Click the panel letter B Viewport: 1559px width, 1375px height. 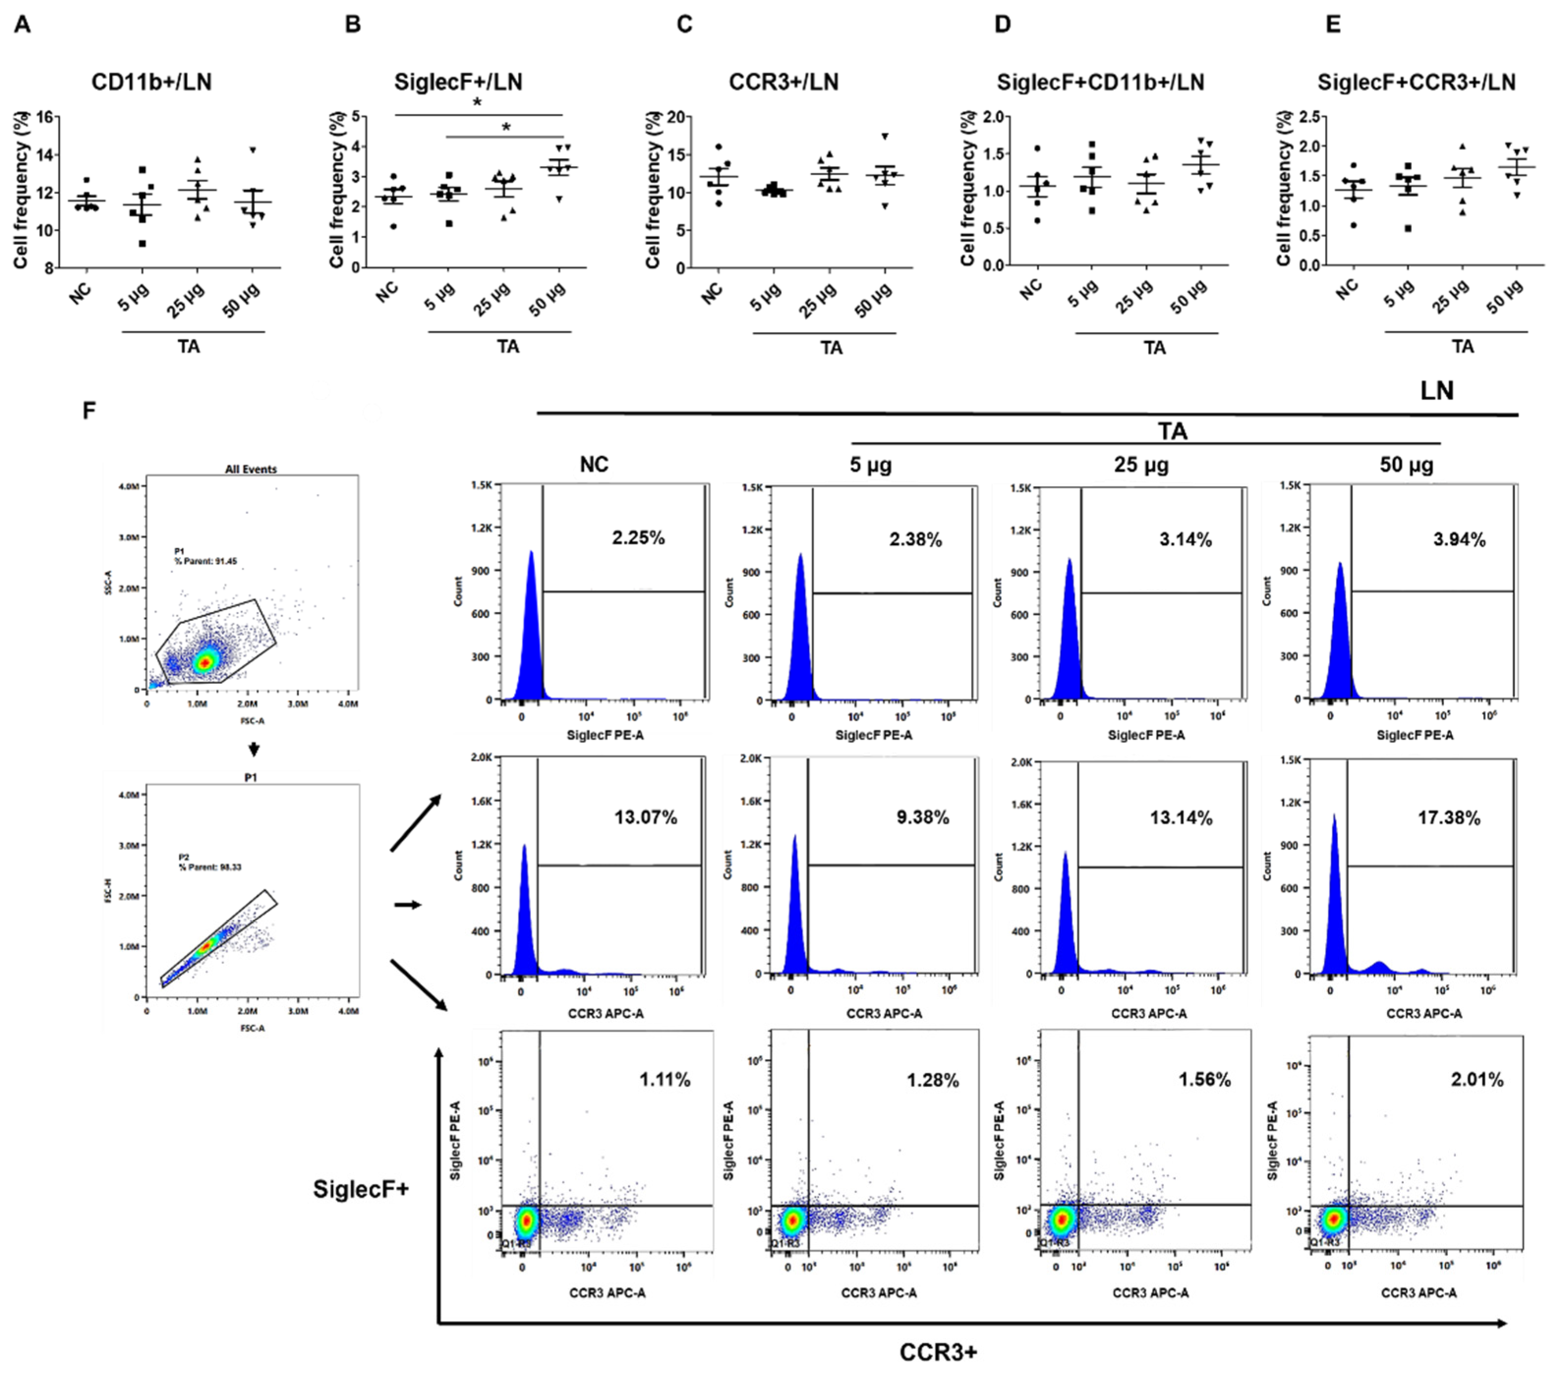[x=352, y=25]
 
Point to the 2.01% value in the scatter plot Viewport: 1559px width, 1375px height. [x=1476, y=1080]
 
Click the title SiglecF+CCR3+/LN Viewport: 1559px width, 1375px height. [x=1417, y=83]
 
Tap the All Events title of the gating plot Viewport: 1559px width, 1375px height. [x=251, y=469]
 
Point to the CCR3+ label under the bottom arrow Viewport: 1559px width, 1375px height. [x=937, y=1352]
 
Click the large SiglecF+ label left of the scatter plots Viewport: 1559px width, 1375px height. [x=361, y=1189]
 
